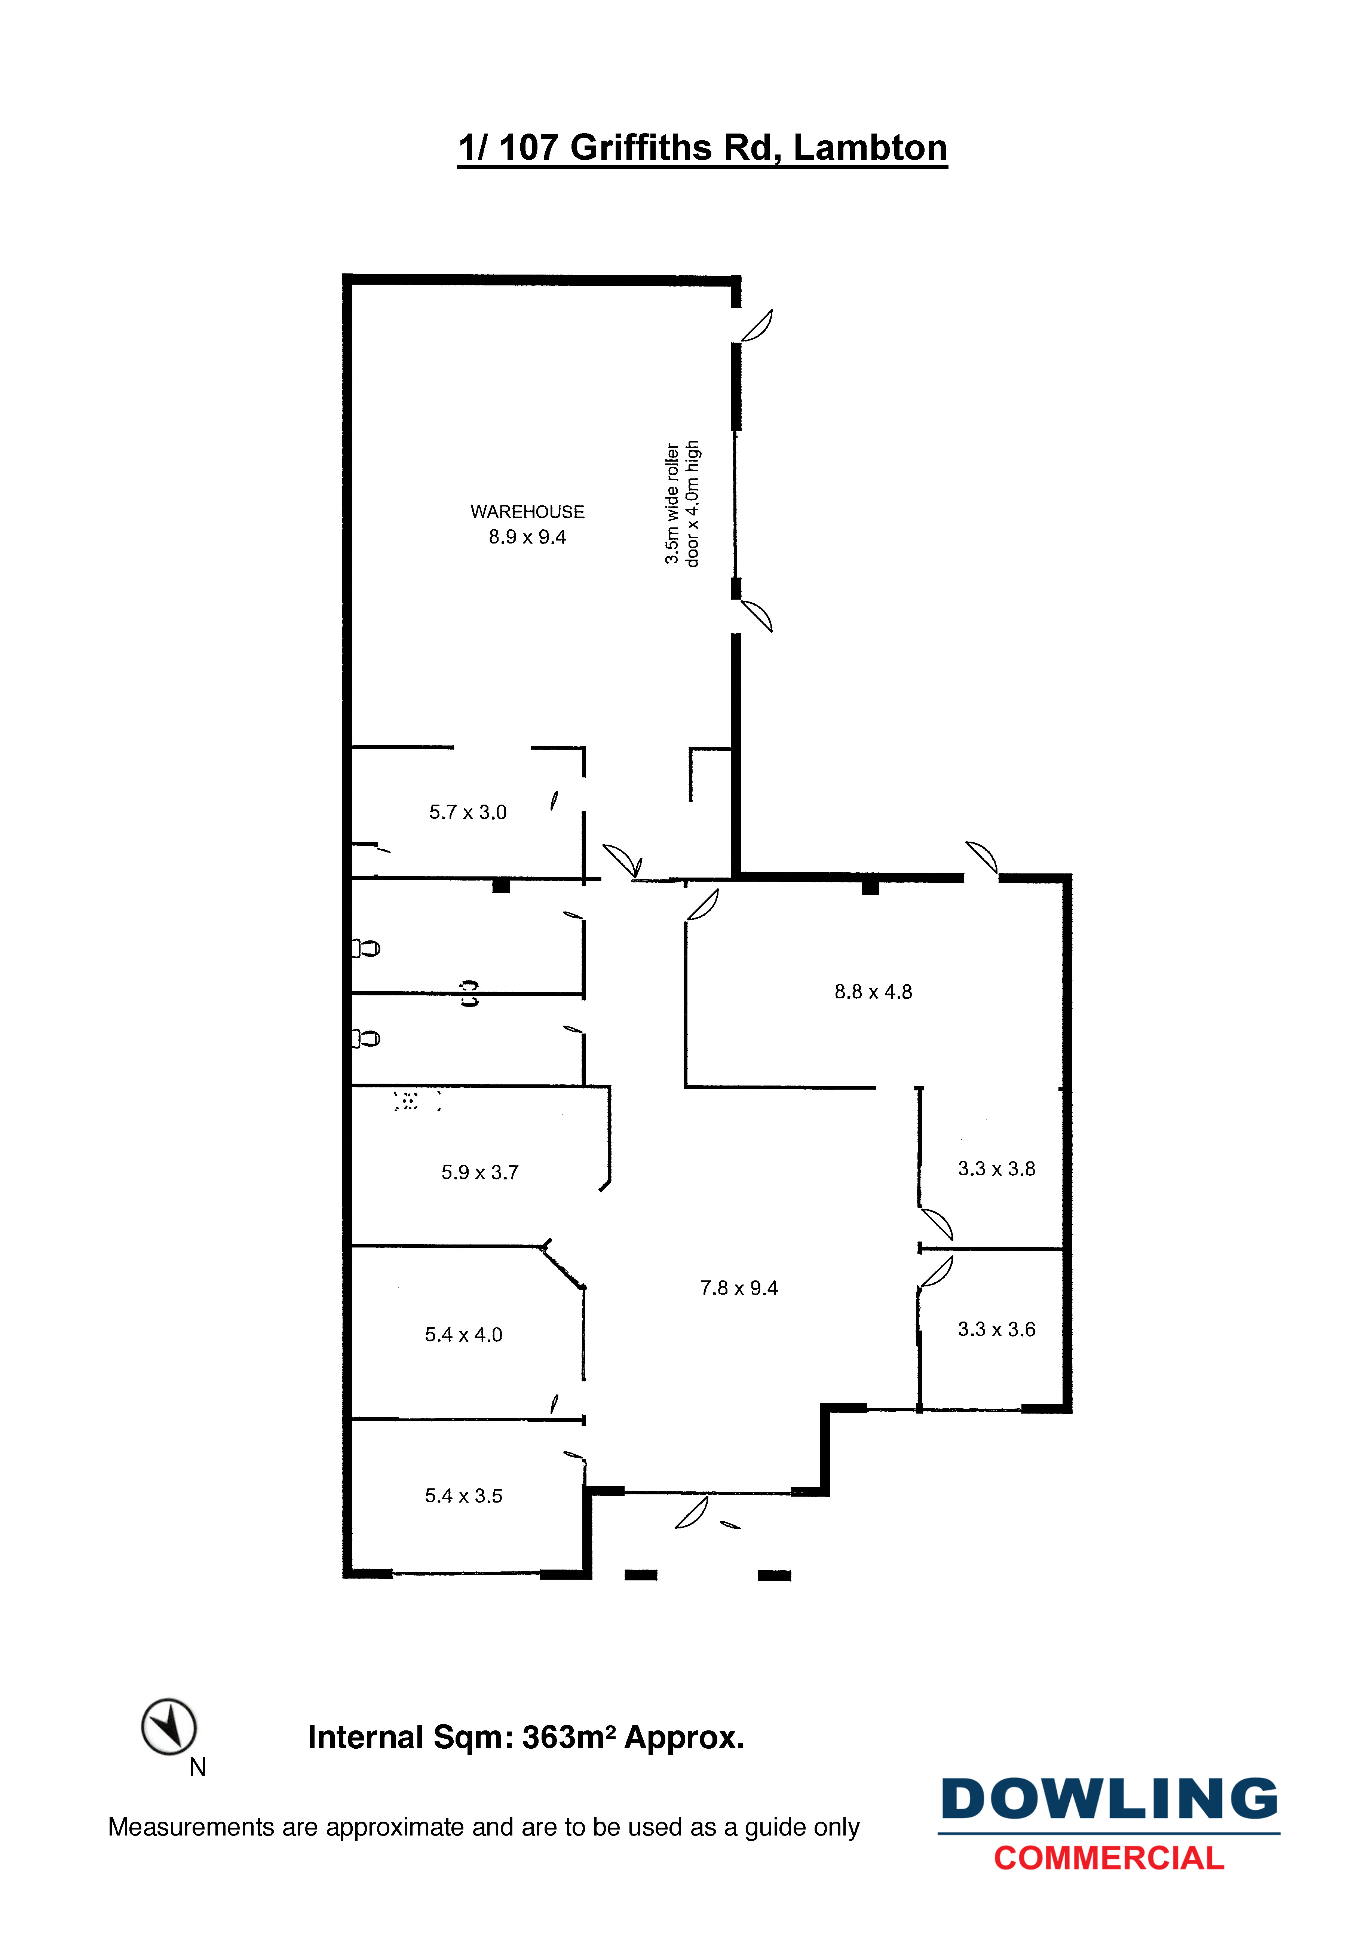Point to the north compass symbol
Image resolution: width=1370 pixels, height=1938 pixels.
coord(169,1727)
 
